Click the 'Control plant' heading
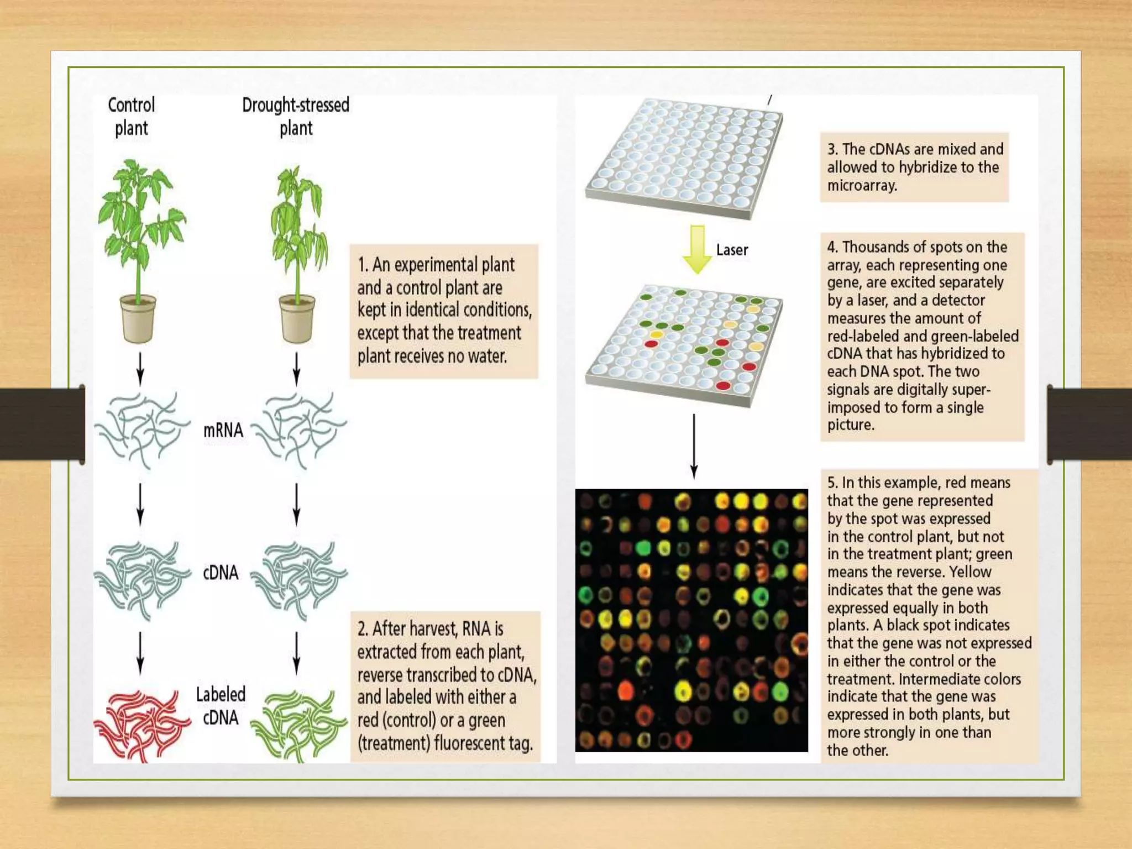tap(131, 117)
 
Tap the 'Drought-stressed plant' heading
tap(296, 117)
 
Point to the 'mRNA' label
tap(223, 430)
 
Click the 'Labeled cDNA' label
tap(221, 706)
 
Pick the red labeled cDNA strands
tap(140, 724)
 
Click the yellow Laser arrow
tap(697, 249)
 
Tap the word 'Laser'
tap(732, 250)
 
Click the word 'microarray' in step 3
tap(861, 186)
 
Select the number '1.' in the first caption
tap(363, 265)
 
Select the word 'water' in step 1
tap(486, 356)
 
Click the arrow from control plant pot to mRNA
tap(140, 368)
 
